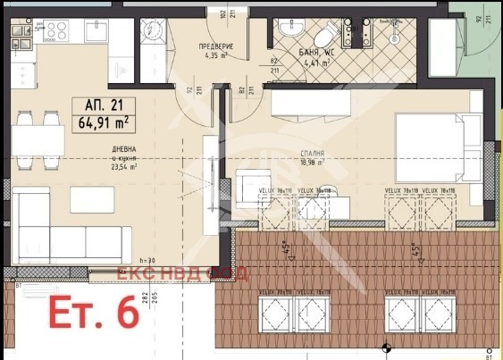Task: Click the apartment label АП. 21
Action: pyautogui.click(x=99, y=103)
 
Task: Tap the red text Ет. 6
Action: pyautogui.click(x=94, y=315)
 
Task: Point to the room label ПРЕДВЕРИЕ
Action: pyautogui.click(x=215, y=46)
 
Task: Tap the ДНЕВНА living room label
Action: pyautogui.click(x=98, y=149)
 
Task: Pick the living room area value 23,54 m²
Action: pyautogui.click(x=98, y=166)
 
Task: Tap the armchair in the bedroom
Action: pyautogui.click(x=253, y=188)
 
